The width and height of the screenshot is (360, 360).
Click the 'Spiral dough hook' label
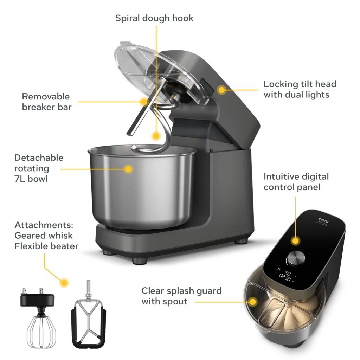pyautogui.click(x=154, y=18)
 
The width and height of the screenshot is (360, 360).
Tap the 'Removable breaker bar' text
pyautogui.click(x=47, y=102)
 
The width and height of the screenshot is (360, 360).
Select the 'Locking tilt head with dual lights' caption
pyautogui.click(x=300, y=89)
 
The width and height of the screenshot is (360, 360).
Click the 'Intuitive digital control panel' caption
pyautogui.click(x=296, y=182)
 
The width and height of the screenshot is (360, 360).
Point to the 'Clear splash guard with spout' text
pyautogui.click(x=181, y=296)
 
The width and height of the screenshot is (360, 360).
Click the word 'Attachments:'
pyautogui.click(x=44, y=225)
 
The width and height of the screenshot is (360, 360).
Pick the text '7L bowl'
pyautogui.click(x=31, y=179)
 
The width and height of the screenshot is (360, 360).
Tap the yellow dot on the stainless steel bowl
pyautogui.click(x=128, y=169)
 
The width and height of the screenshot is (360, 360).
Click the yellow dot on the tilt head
pyautogui.click(x=222, y=90)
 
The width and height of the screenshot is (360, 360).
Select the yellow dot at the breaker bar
pyautogui.click(x=144, y=102)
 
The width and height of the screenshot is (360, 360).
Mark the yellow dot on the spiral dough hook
pyautogui.click(x=156, y=136)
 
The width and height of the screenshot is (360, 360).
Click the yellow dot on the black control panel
pyautogui.click(x=295, y=241)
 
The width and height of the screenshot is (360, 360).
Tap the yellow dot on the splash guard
pyautogui.click(x=253, y=302)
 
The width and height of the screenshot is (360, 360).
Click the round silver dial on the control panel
pyautogui.click(x=296, y=258)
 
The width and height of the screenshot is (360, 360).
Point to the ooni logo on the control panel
pyautogui.click(x=323, y=221)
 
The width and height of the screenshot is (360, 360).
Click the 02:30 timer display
pyautogui.click(x=285, y=278)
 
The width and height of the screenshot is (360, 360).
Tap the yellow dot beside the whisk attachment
pyautogui.click(x=64, y=283)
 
